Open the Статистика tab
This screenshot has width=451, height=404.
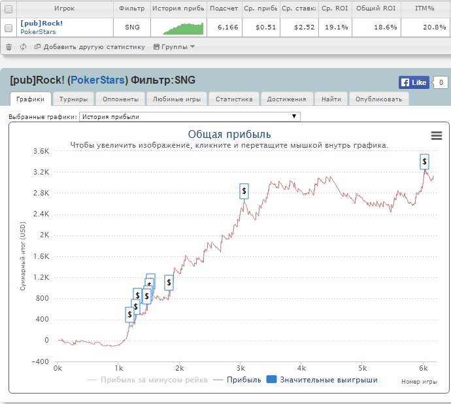pyautogui.click(x=234, y=99)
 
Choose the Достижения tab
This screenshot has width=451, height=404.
pyautogui.click(x=286, y=99)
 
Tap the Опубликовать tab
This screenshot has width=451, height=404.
pyautogui.click(x=379, y=99)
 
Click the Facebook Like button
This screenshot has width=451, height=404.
pyautogui.click(x=414, y=82)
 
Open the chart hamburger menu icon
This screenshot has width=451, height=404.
pyautogui.click(x=437, y=135)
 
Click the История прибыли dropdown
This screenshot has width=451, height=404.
pyautogui.click(x=190, y=117)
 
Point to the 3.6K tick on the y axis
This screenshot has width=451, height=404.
pyautogui.click(x=41, y=151)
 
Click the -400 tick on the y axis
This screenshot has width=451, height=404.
pyautogui.click(x=41, y=362)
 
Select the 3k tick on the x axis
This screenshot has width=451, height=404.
pyautogui.click(x=241, y=368)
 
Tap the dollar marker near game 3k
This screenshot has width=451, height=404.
pyautogui.click(x=244, y=191)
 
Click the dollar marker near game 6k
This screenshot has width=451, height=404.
pyautogui.click(x=425, y=161)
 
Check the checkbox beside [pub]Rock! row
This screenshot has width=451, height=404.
pyautogui.click(x=8, y=27)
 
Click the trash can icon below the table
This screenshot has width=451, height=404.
pyautogui.click(x=8, y=47)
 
